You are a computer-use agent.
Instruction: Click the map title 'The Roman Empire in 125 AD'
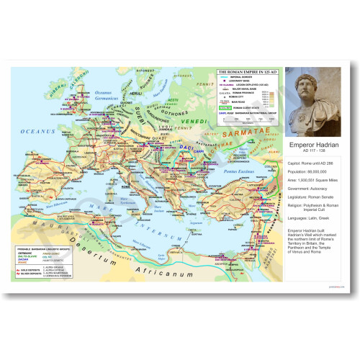tap(248, 72)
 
